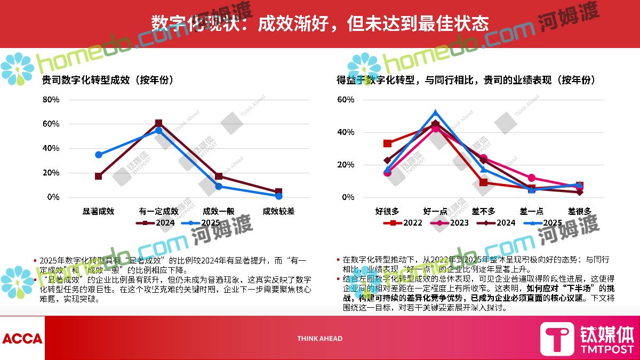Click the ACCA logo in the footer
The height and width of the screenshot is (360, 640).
(22, 338)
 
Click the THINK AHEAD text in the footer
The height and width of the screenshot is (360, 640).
(320, 338)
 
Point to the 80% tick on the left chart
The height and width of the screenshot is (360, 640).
(51, 100)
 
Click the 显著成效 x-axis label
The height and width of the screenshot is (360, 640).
(98, 211)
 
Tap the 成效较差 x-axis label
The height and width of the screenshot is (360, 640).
(278, 211)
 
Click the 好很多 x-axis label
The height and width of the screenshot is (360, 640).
(387, 211)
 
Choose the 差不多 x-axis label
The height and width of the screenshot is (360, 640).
(484, 211)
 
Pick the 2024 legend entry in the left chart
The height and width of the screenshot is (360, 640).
(156, 223)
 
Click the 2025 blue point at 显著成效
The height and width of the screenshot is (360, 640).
(99, 155)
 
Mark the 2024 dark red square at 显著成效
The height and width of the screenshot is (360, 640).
(99, 176)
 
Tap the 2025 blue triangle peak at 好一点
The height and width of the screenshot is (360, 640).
(435, 113)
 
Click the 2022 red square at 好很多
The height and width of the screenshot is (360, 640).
(388, 143)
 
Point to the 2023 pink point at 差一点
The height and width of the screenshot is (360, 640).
(532, 178)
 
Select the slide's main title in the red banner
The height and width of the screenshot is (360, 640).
(320, 23)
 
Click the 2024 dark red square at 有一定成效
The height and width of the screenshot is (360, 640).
(158, 123)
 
